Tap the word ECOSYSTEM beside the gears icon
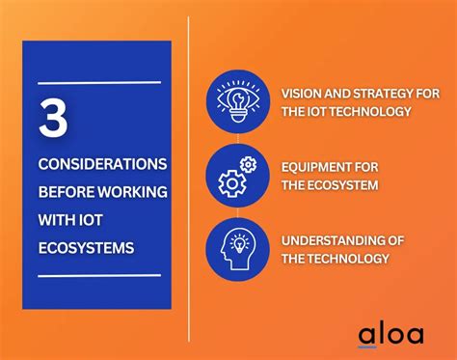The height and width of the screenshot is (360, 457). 343,185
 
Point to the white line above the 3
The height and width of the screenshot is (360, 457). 99,83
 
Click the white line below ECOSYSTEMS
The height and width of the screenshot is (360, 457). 99,276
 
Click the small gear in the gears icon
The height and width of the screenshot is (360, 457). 247,165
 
